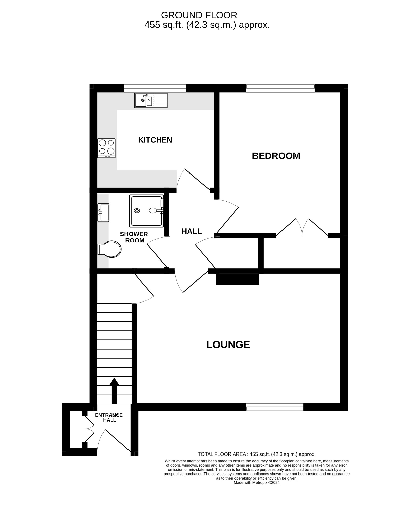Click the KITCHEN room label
tap(155, 140)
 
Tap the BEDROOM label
tap(276, 156)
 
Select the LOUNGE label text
tap(228, 345)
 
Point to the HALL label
tap(191, 231)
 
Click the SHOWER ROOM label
tap(134, 237)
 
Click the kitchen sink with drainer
tap(151, 100)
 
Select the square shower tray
tap(146, 211)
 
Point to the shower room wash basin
tap(104, 212)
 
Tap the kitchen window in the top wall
tap(155, 88)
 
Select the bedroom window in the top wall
tap(280, 88)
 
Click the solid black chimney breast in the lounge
tap(237, 279)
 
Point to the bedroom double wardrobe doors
tap(302, 227)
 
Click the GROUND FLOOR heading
tap(199, 15)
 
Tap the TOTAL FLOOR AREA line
tap(257, 454)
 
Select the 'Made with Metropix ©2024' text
tap(257, 482)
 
